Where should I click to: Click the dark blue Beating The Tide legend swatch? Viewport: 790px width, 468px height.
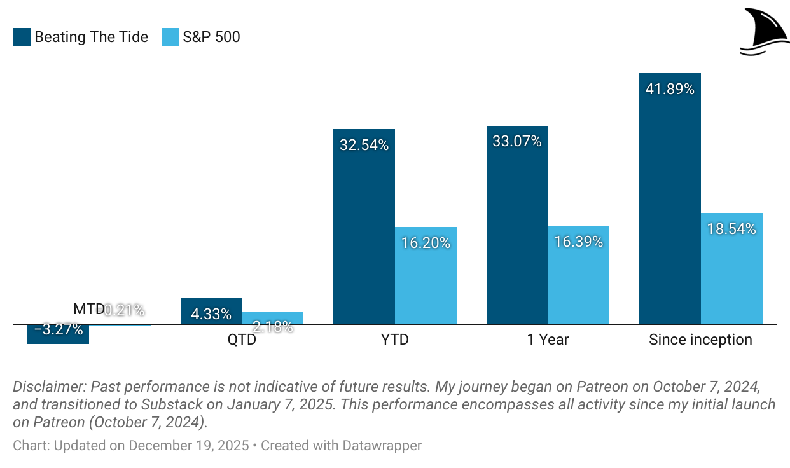pyautogui.click(x=22, y=37)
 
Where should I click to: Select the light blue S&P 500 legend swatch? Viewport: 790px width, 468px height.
pyautogui.click(x=170, y=37)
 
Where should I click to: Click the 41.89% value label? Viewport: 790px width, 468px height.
pyautogui.click(x=670, y=89)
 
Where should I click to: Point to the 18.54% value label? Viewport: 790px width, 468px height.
pyautogui.click(x=731, y=229)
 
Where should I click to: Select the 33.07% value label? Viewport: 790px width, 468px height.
pyautogui.click(x=516, y=141)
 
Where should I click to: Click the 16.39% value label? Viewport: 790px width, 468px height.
pyautogui.click(x=578, y=242)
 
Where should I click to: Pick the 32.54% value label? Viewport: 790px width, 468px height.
pyautogui.click(x=364, y=145)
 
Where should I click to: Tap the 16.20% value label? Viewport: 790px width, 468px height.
pyautogui.click(x=426, y=242)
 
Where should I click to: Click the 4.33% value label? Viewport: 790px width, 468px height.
pyautogui.click(x=211, y=314)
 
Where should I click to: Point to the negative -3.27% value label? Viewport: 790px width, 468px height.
pyautogui.click(x=58, y=329)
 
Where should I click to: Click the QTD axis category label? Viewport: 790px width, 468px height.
pyautogui.click(x=242, y=340)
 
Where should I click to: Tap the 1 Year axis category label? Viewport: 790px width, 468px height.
pyautogui.click(x=548, y=340)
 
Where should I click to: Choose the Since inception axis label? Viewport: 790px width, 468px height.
pyautogui.click(x=700, y=340)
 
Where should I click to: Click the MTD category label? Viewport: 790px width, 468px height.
pyautogui.click(x=88, y=310)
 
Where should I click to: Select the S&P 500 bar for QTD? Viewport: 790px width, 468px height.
pyautogui.click(x=273, y=317)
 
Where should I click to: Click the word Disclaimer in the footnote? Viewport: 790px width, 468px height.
pyautogui.click(x=50, y=387)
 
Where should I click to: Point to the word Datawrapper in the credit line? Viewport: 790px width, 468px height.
pyautogui.click(x=384, y=445)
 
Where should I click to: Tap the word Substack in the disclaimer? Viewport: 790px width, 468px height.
pyautogui.click(x=172, y=404)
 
